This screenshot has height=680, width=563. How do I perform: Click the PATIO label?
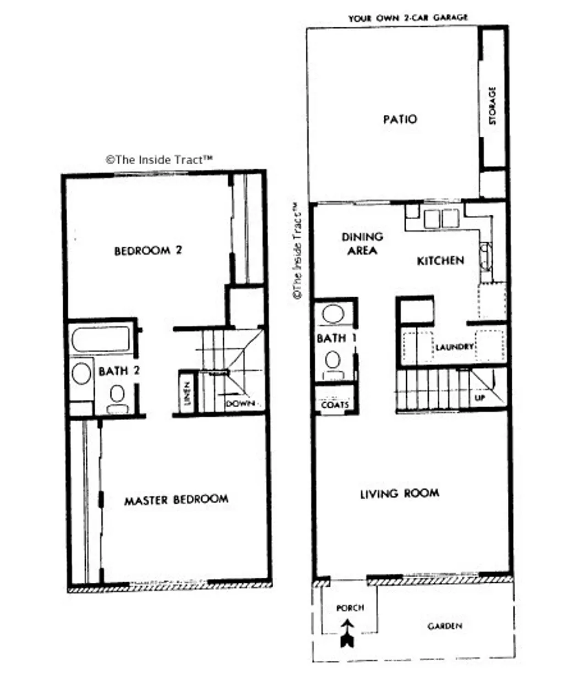(x=400, y=119)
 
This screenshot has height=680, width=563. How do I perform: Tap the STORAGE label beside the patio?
(x=492, y=105)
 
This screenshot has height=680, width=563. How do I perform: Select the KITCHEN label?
(x=440, y=260)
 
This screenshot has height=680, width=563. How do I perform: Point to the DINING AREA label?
(x=362, y=243)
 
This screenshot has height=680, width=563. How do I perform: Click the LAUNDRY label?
(x=454, y=347)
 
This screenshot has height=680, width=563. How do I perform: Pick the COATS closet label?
(x=335, y=405)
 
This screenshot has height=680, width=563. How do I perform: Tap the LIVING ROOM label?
(x=399, y=493)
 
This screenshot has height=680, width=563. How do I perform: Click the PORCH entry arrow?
(x=347, y=633)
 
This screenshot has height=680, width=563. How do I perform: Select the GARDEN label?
(x=445, y=626)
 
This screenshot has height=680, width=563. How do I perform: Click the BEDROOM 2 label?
(x=147, y=250)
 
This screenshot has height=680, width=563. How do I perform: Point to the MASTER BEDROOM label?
(x=176, y=499)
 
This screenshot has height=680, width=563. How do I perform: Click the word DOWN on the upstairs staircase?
(x=240, y=404)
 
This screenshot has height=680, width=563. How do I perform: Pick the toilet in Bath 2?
(x=117, y=398)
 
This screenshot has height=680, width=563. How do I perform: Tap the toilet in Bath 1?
(x=333, y=364)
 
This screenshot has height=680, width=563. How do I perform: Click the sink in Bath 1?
(x=333, y=315)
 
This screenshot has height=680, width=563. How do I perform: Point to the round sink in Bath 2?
(x=82, y=372)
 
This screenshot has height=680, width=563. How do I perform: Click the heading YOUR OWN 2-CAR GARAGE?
(x=408, y=18)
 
